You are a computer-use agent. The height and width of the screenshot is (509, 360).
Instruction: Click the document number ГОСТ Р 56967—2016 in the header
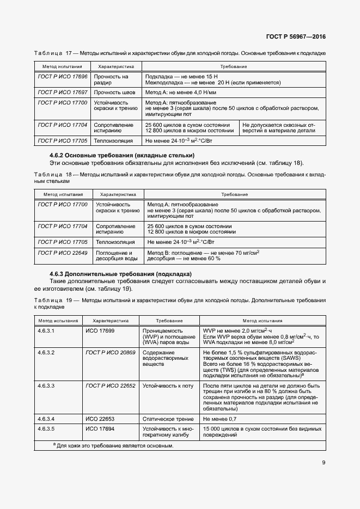click(299, 38)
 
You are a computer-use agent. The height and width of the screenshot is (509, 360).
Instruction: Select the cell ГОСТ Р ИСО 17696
click(63, 77)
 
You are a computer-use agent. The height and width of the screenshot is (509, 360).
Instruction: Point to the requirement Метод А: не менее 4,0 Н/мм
click(176, 93)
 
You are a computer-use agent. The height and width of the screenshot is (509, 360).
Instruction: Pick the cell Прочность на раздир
click(111, 80)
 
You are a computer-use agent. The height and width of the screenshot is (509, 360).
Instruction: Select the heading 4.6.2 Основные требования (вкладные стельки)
click(122, 156)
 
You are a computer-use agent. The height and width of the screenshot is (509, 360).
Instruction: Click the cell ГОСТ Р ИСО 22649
click(63, 253)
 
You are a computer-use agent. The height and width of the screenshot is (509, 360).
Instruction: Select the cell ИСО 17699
click(100, 330)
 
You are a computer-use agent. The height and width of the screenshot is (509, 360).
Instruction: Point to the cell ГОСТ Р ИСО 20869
click(111, 353)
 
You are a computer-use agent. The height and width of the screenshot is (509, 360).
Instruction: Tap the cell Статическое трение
click(169, 419)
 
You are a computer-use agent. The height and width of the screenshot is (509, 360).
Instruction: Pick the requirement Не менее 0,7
click(217, 419)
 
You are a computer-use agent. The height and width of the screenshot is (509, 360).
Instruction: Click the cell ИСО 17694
click(100, 429)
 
